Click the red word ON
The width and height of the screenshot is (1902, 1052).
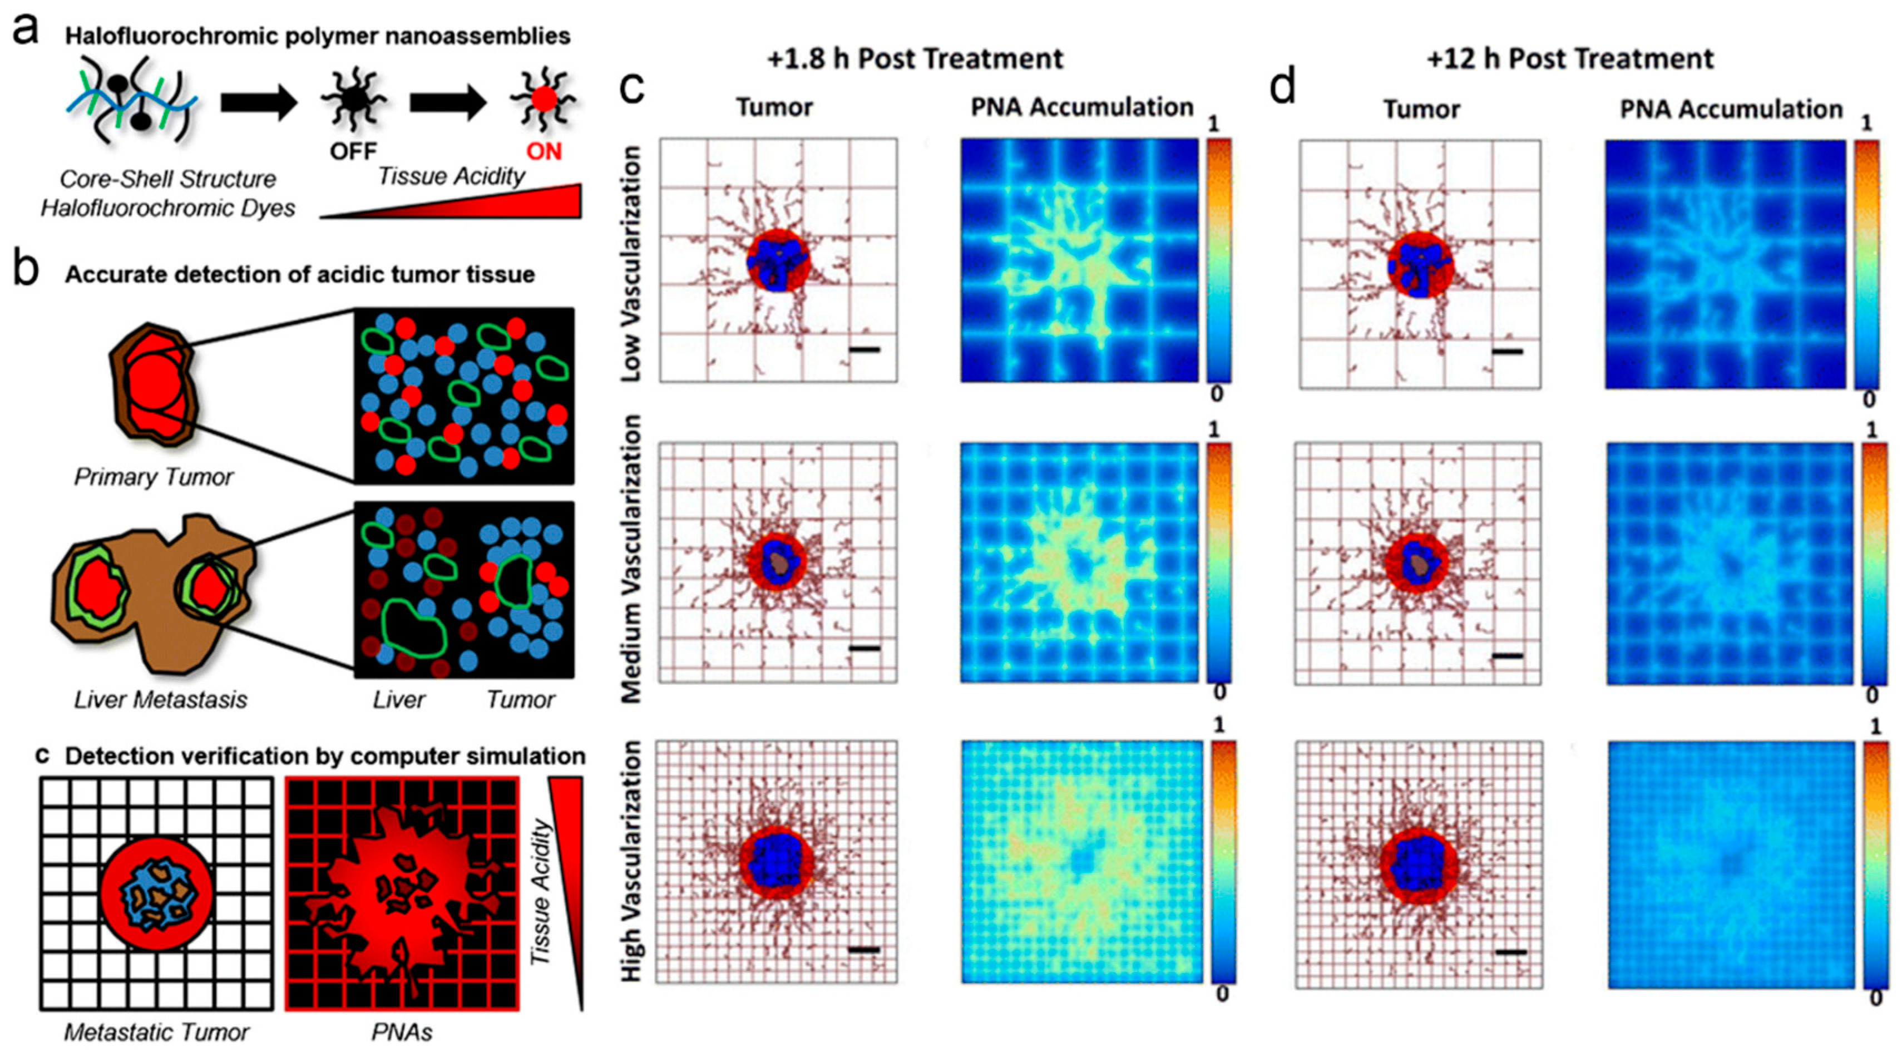point(544,151)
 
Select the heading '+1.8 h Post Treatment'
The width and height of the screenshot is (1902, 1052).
point(916,58)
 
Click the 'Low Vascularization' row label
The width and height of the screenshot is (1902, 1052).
point(631,263)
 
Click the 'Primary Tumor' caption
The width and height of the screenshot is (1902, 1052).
point(154,477)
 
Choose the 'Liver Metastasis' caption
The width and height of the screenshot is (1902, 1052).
point(160,699)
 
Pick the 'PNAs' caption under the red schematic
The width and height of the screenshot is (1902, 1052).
point(402,1031)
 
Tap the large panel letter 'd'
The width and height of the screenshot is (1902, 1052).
point(1282,87)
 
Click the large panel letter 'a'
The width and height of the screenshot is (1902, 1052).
point(26,31)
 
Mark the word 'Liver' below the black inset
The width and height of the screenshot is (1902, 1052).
point(399,699)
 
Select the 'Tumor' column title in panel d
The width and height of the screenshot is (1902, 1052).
point(1421,109)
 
